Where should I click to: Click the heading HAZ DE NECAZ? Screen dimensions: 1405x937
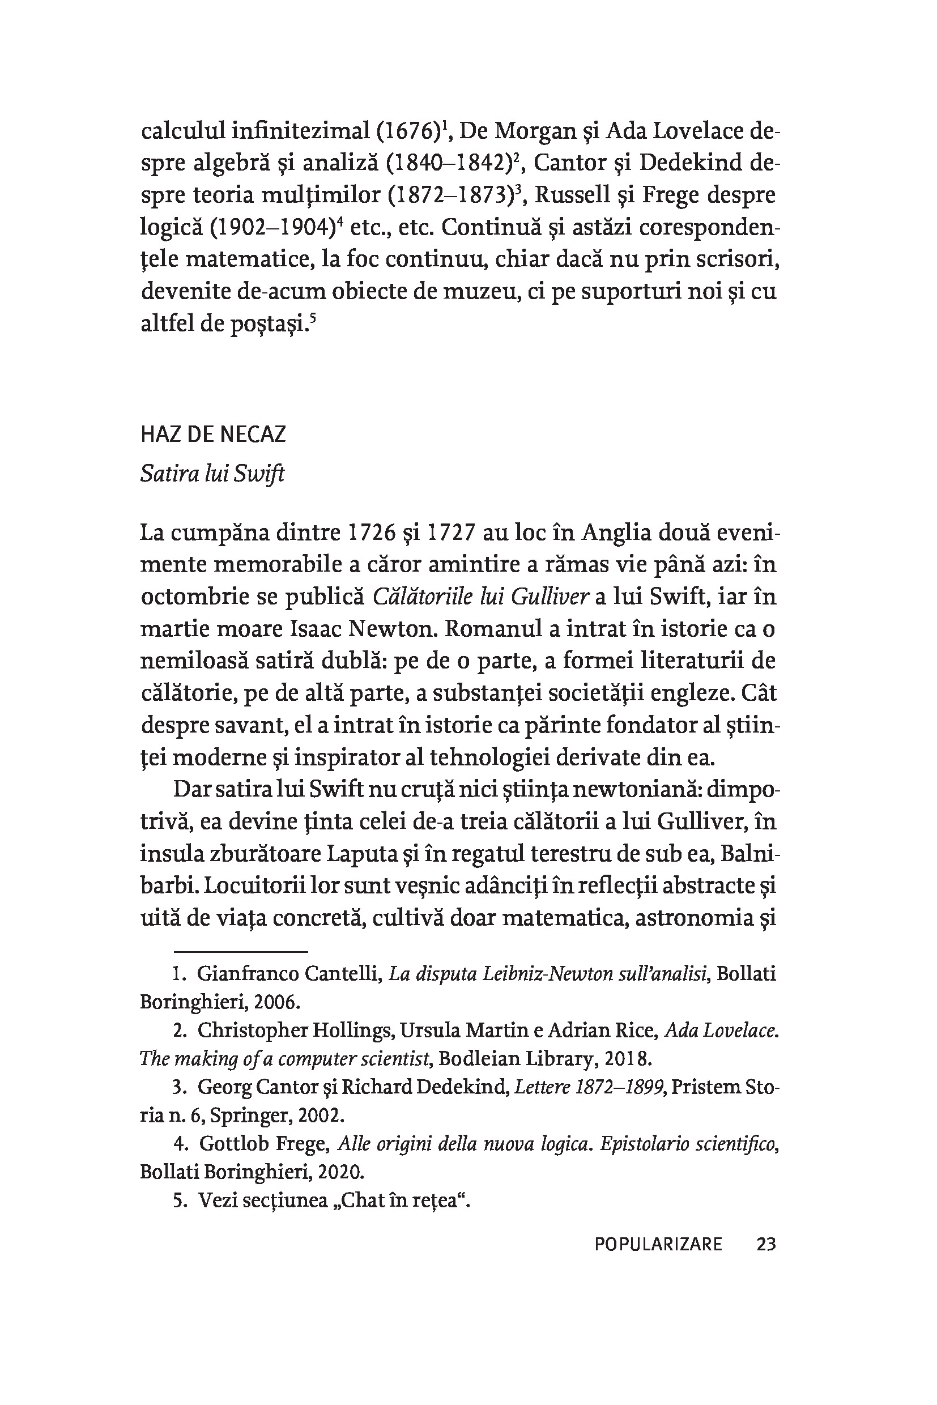click(214, 435)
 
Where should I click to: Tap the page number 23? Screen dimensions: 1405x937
click(766, 1245)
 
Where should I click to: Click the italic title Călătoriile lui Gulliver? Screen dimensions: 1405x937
click(482, 597)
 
